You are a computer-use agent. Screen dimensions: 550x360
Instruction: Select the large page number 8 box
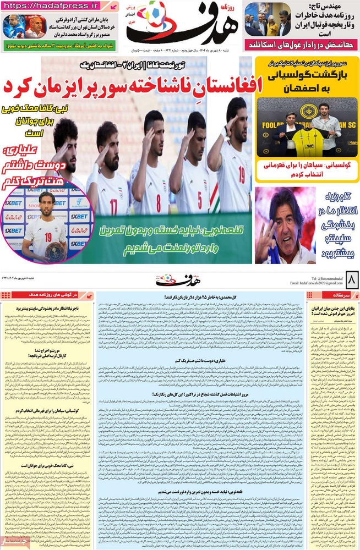[348, 283]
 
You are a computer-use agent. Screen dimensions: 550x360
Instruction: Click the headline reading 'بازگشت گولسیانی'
[308, 77]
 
